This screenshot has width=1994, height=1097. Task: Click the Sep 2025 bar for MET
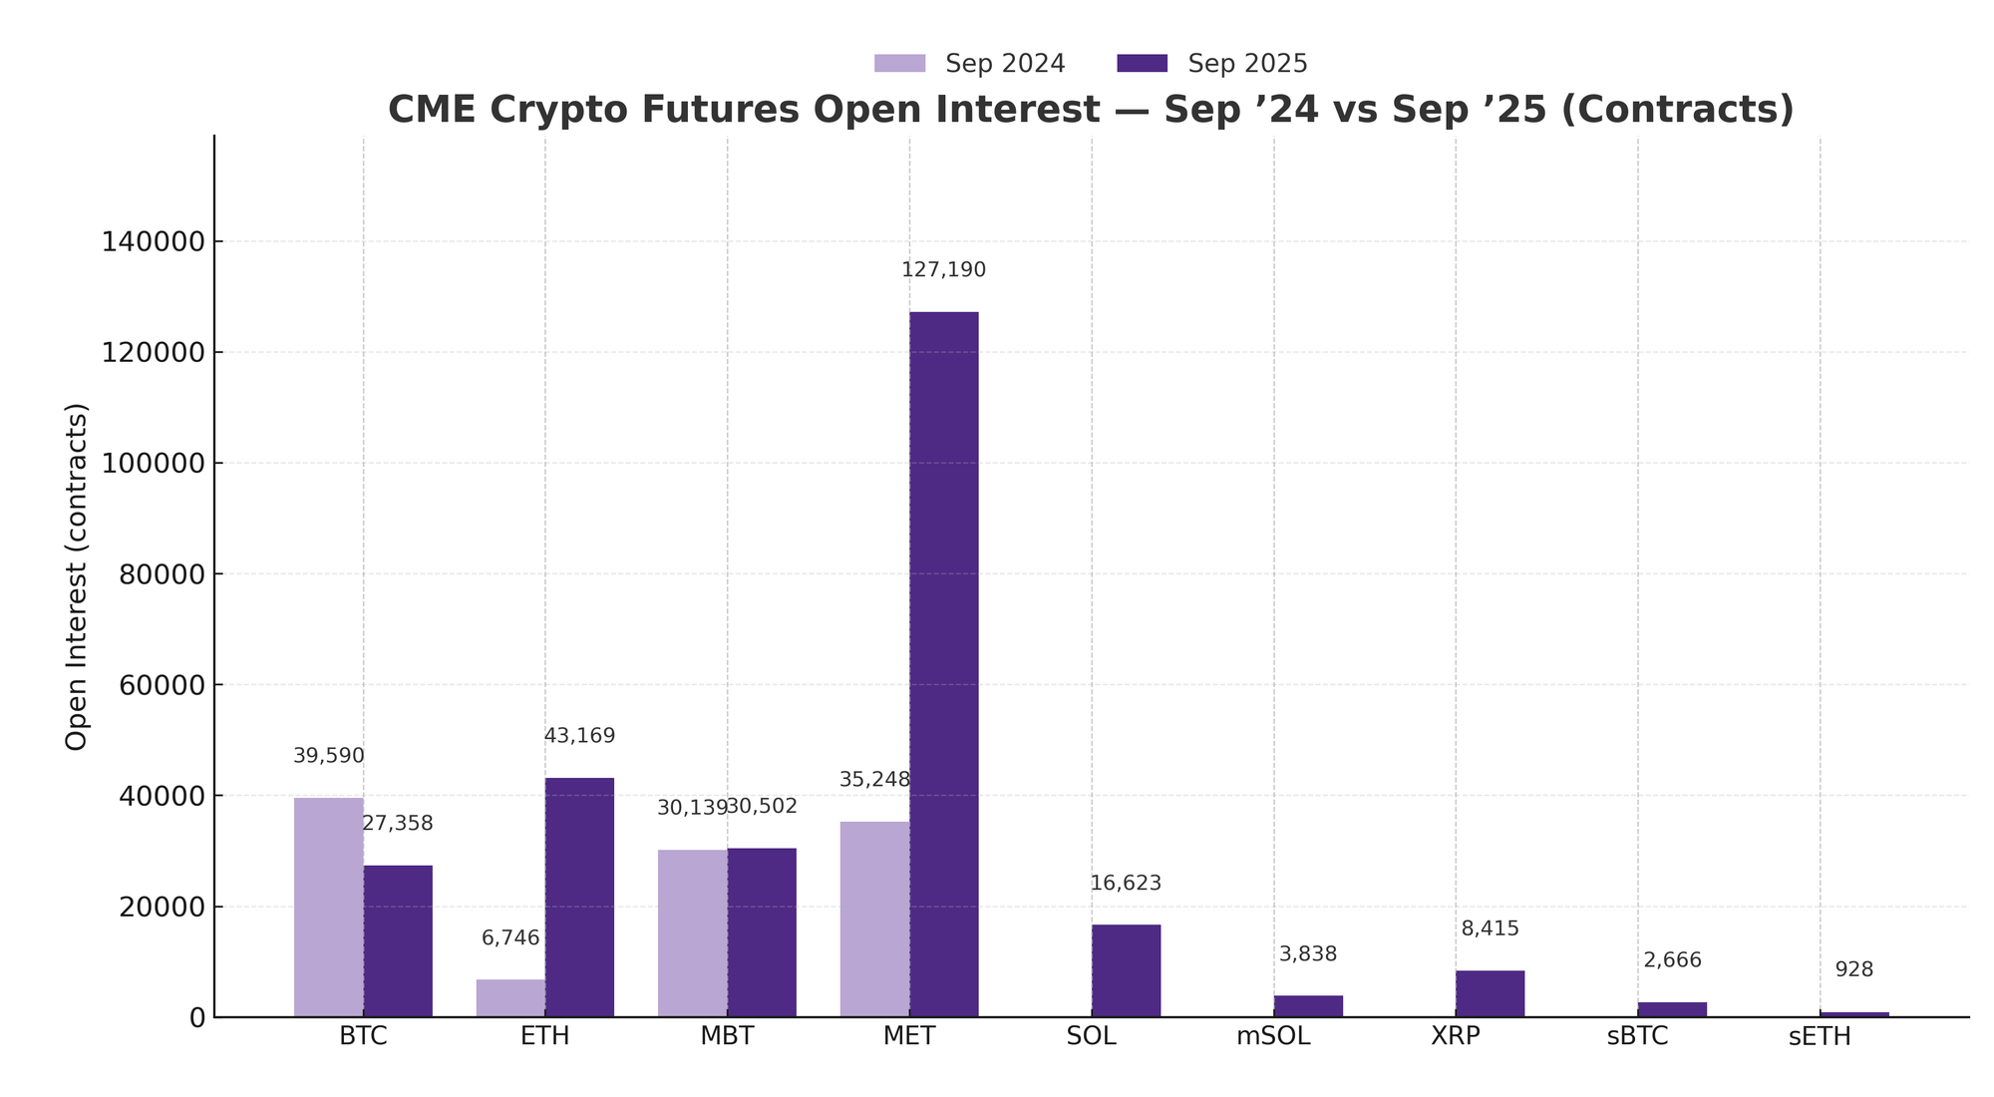pyautogui.click(x=943, y=664)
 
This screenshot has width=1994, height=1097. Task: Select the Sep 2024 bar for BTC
pyautogui.click(x=328, y=907)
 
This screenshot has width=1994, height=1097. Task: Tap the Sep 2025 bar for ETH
pyautogui.click(x=579, y=897)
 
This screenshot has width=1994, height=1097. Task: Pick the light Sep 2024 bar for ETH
pyautogui.click(x=510, y=997)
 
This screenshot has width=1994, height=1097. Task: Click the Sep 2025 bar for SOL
pyautogui.click(x=1126, y=970)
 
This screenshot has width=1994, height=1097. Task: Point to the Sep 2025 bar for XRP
pyautogui.click(x=1490, y=993)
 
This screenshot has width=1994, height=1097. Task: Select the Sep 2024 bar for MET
pyautogui.click(x=874, y=918)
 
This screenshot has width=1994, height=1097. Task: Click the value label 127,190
pyautogui.click(x=943, y=270)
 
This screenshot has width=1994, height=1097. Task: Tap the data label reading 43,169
pyautogui.click(x=579, y=736)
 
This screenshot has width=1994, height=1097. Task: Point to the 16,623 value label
pyautogui.click(x=1126, y=884)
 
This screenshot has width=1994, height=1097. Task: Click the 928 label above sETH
pyautogui.click(x=1853, y=969)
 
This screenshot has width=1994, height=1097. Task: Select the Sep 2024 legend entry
pyautogui.click(x=970, y=64)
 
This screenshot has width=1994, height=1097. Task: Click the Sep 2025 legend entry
pyautogui.click(x=1211, y=64)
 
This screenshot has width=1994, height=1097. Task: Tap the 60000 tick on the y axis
pyautogui.click(x=160, y=685)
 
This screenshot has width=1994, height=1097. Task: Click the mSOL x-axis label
pyautogui.click(x=1273, y=1036)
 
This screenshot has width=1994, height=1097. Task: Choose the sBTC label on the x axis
pyautogui.click(x=1637, y=1036)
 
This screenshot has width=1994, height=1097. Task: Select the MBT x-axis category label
pyautogui.click(x=727, y=1036)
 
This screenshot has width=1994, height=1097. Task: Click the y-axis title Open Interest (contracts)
pyautogui.click(x=77, y=576)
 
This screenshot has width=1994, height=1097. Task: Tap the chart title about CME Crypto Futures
pyautogui.click(x=1091, y=110)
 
